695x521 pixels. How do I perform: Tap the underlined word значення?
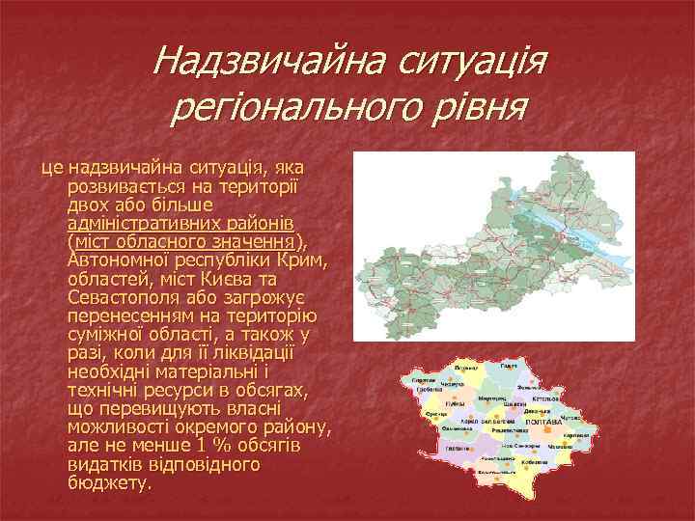click(255, 241)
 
